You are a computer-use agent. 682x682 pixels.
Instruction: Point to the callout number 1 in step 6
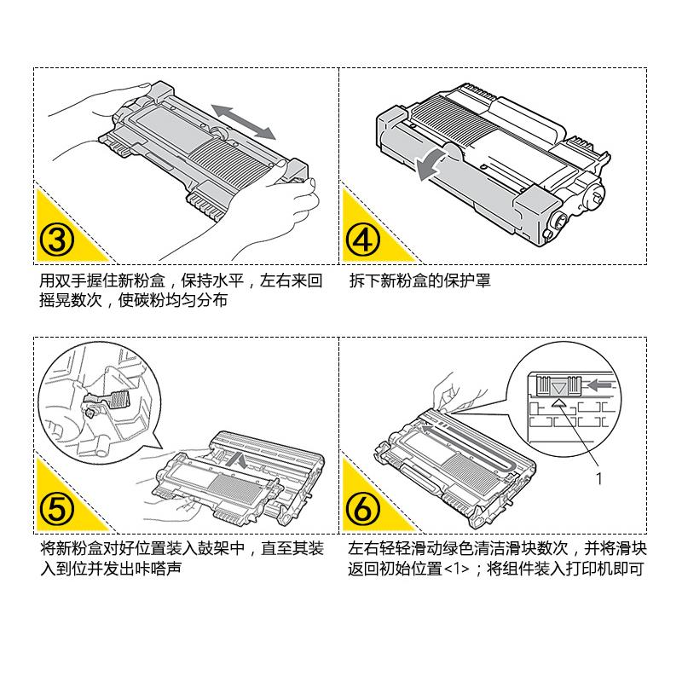coord(598,479)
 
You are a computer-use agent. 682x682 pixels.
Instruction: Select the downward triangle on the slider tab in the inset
coord(558,387)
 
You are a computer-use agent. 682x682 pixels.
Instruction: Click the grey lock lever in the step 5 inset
coord(117,398)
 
